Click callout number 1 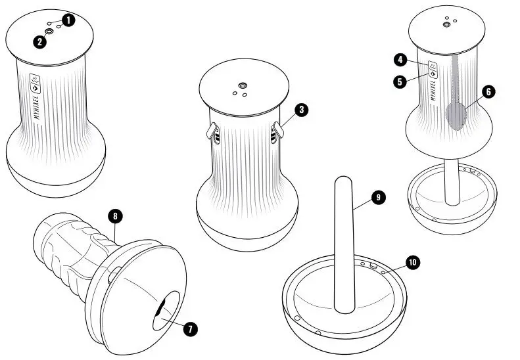click(70, 20)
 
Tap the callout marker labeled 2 click(40, 42)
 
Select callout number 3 click(300, 110)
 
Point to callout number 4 click(399, 60)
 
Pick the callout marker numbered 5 click(399, 81)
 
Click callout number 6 click(488, 92)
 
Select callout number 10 click(412, 263)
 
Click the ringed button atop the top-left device click(50, 31)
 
